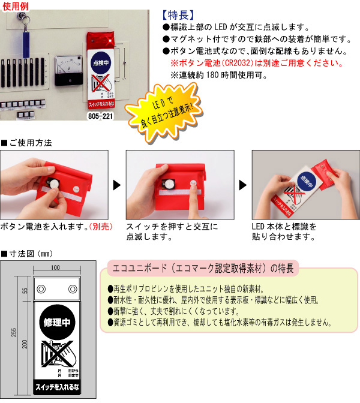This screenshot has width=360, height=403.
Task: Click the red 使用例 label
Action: [16, 5]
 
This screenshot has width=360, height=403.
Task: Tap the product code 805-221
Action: [100, 115]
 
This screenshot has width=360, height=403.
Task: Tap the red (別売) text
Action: [99, 227]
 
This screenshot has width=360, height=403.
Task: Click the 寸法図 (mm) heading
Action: [27, 254]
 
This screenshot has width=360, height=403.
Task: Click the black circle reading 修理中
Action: [57, 322]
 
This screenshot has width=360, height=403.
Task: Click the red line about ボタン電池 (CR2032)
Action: [256, 63]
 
